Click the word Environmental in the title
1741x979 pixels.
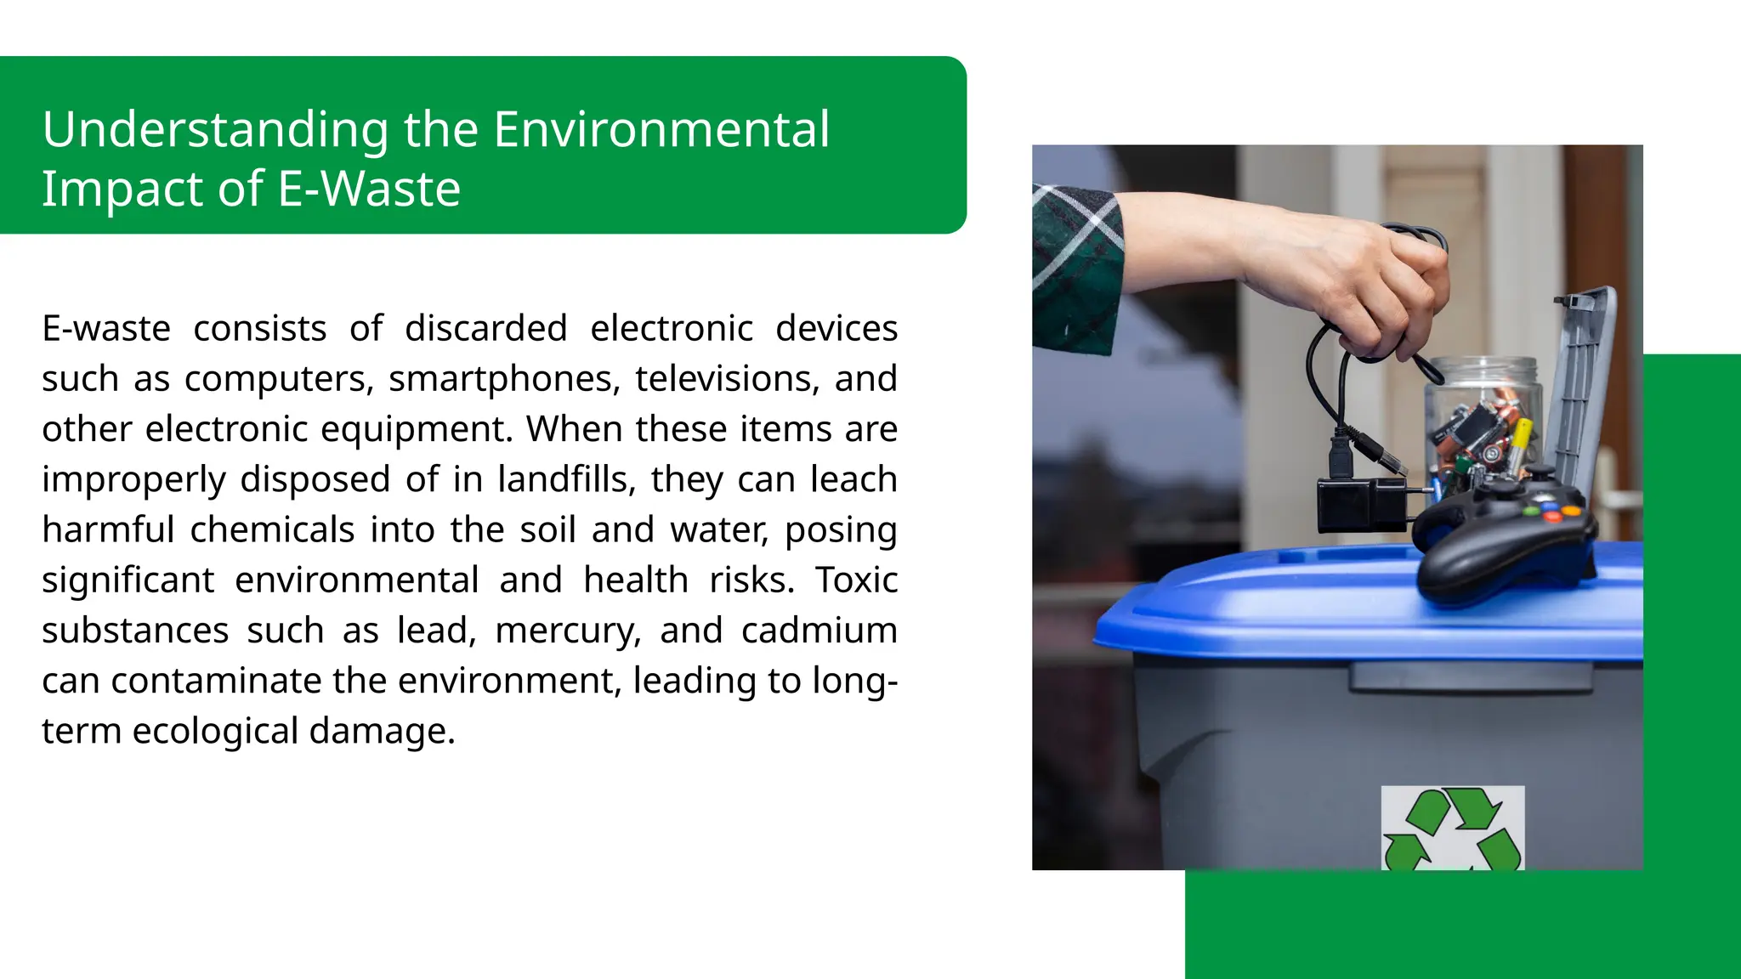pos(661,129)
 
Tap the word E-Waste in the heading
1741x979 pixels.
pos(369,189)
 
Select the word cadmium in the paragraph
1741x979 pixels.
pos(819,631)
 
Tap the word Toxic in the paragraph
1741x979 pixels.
pos(856,580)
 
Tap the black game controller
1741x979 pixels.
pos(1505,535)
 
